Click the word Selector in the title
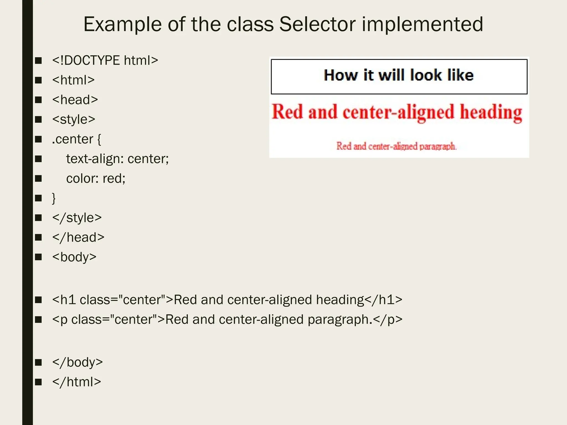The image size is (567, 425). coord(317,24)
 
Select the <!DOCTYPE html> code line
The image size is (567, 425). coord(105,60)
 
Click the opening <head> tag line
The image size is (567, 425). coord(75,100)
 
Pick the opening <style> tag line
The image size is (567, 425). coord(74,120)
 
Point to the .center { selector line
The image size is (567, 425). coord(77,139)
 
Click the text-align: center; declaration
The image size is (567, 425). coord(117,159)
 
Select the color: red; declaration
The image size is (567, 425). coord(96,178)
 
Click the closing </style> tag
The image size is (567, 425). coord(77,218)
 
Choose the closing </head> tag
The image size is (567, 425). coord(78,237)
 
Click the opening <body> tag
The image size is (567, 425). coord(74,257)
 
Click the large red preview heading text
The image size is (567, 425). coord(397,112)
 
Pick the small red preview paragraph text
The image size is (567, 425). coord(396,146)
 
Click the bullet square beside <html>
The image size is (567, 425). coord(38,80)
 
